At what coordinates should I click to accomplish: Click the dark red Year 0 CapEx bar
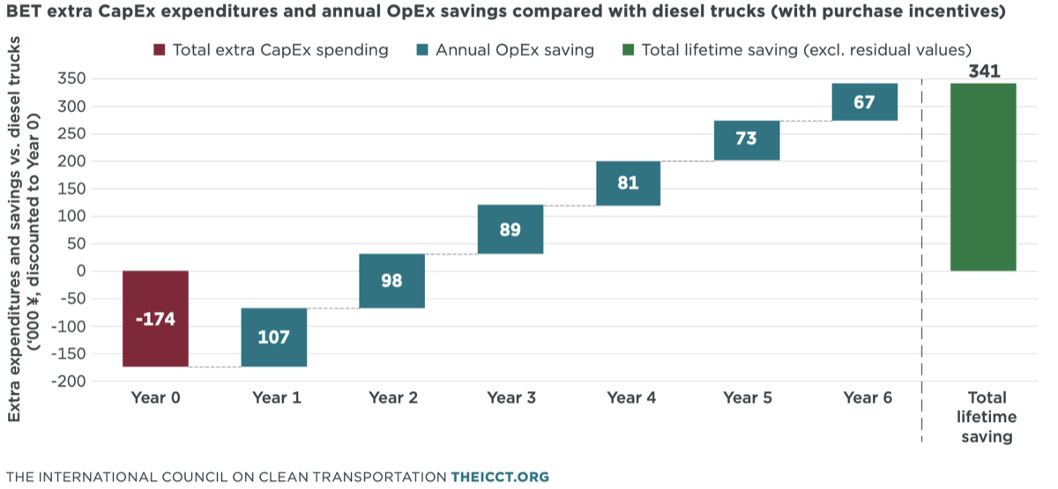click(155, 319)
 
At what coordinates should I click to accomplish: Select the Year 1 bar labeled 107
click(274, 337)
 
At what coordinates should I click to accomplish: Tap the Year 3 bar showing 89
click(510, 229)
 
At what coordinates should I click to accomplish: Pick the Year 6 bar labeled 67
click(865, 102)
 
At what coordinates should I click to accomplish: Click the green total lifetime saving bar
click(983, 177)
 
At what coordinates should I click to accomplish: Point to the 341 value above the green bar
click(984, 71)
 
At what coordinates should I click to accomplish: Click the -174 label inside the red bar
click(155, 319)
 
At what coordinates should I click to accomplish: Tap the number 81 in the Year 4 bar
click(628, 182)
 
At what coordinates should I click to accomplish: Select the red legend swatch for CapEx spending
click(160, 49)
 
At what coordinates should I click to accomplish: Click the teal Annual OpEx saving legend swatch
click(422, 49)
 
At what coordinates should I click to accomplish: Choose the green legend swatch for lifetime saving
click(628, 49)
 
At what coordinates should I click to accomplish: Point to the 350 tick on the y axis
click(71, 78)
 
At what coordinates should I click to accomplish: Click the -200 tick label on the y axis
click(69, 381)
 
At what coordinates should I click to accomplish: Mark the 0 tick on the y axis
click(81, 271)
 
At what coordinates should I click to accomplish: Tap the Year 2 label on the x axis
click(393, 398)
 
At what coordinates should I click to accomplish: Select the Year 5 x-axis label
click(748, 398)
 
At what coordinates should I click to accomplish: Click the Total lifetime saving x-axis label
click(987, 418)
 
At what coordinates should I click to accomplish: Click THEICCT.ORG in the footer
click(500, 477)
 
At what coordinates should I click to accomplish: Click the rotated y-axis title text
click(23, 230)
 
